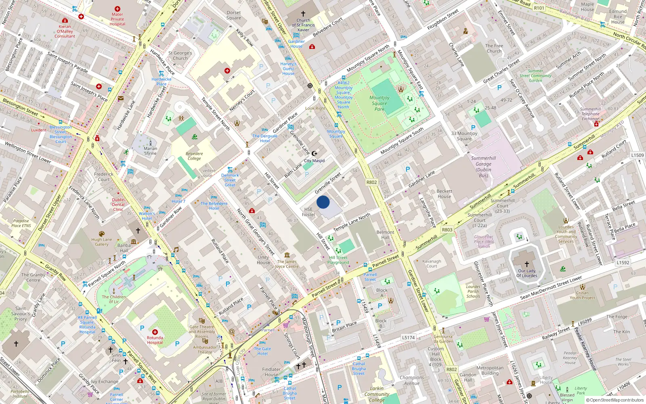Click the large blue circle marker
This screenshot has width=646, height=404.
[323, 202]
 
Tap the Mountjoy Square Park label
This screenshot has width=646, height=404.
[380, 103]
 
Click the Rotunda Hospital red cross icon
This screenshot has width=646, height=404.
[155, 332]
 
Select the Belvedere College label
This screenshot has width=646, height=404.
[194, 156]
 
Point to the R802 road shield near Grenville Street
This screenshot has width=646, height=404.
[371, 182]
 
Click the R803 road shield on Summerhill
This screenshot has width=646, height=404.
[447, 229]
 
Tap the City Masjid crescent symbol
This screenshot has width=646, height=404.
[315, 154]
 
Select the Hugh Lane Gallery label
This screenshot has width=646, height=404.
[101, 242]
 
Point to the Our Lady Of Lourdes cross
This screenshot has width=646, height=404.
[526, 264]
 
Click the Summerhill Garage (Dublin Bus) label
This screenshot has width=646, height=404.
[483, 166]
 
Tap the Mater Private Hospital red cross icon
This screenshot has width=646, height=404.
[117, 9]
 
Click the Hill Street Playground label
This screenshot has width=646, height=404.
[338, 260]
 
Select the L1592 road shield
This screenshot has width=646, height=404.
[623, 263]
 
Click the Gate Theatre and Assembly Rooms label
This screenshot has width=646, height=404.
[202, 332]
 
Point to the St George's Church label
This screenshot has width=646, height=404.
[180, 55]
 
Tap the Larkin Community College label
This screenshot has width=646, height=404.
[377, 394]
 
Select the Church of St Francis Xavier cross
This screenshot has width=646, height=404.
[303, 14]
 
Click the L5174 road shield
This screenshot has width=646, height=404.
[408, 337]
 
